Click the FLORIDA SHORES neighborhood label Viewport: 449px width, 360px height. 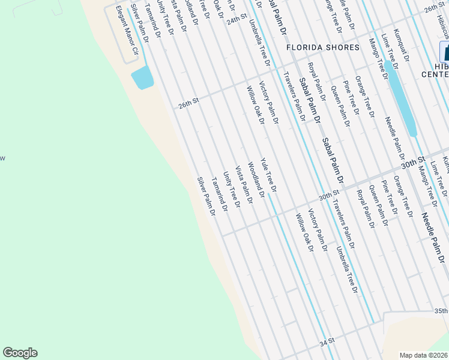click(322, 47)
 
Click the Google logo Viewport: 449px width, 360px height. click(20, 353)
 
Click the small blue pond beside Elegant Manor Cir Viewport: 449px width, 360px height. click(142, 77)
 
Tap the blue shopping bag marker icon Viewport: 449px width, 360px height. click(445, 50)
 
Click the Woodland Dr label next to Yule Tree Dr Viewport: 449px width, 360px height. click(256, 180)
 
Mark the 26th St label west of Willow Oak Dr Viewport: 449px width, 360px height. click(188, 104)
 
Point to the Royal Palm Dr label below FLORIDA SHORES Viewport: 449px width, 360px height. click(316, 82)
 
